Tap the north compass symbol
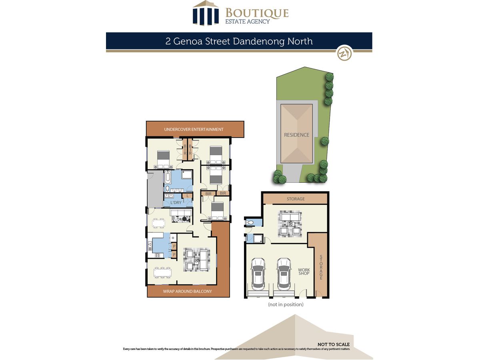344,53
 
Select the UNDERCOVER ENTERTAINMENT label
194,129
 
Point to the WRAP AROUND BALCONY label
188,291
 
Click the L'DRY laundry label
176,203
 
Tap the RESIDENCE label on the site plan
296,135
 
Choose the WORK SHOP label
304,272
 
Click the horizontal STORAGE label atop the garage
296,199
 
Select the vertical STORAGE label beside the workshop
321,267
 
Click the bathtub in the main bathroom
168,178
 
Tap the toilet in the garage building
250,222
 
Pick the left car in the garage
258,274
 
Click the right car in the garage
284,274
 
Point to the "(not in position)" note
286,304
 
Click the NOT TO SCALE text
334,344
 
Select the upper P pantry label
174,246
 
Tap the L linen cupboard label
188,196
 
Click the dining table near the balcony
162,272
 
